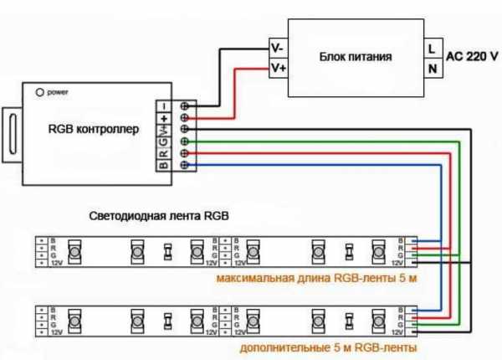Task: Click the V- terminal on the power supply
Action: tap(278, 48)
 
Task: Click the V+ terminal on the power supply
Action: tap(278, 67)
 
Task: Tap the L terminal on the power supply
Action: tap(433, 48)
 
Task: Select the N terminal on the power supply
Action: tap(433, 69)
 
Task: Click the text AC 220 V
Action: tap(472, 58)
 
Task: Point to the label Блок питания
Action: tap(356, 58)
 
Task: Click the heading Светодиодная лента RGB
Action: tap(159, 215)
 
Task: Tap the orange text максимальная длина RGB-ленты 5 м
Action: tap(315, 277)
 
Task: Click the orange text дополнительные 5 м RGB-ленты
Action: tap(328, 347)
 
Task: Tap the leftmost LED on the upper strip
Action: tap(73, 250)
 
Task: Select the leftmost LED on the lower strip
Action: tap(73, 320)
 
